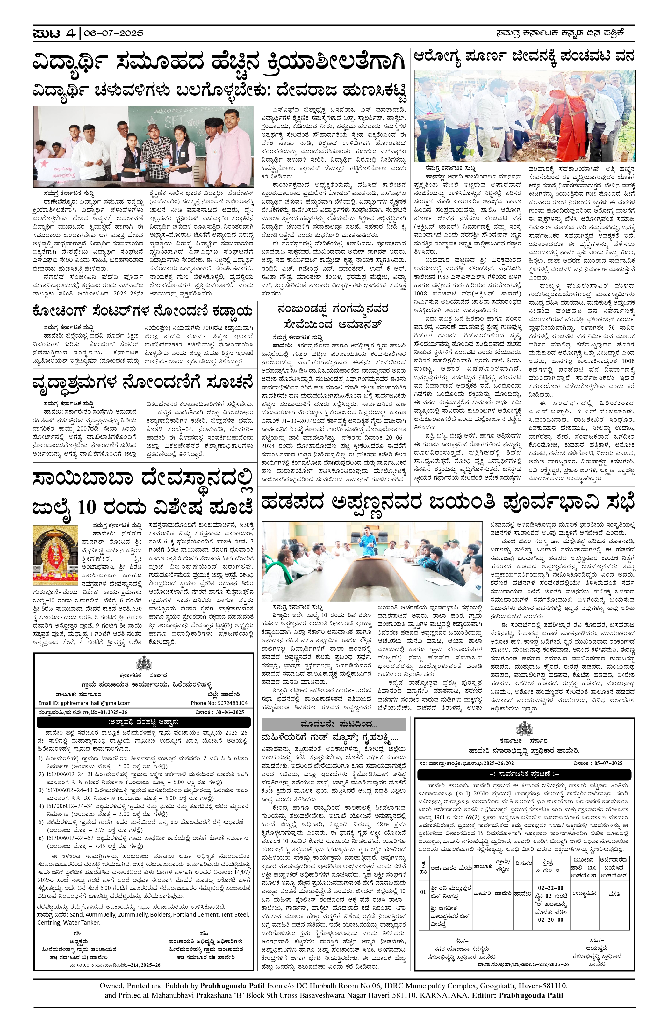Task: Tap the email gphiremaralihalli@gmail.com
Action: [84, 703]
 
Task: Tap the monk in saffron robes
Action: [558, 119]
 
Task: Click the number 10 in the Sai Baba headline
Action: [87, 507]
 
